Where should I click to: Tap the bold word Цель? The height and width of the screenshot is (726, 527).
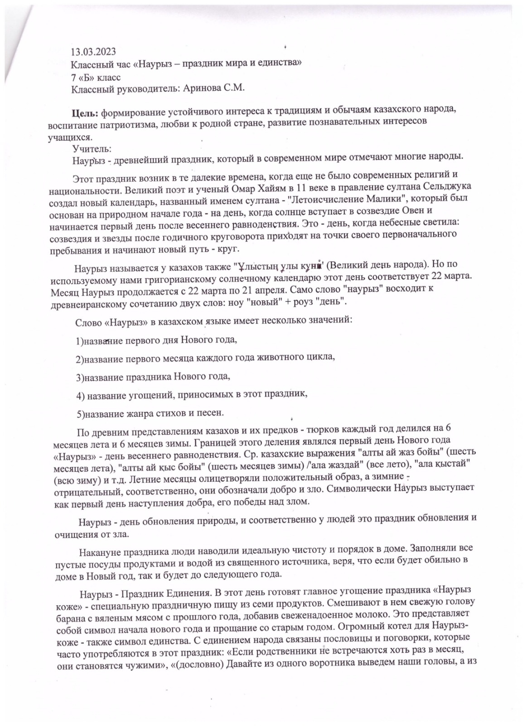[x=85, y=113]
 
